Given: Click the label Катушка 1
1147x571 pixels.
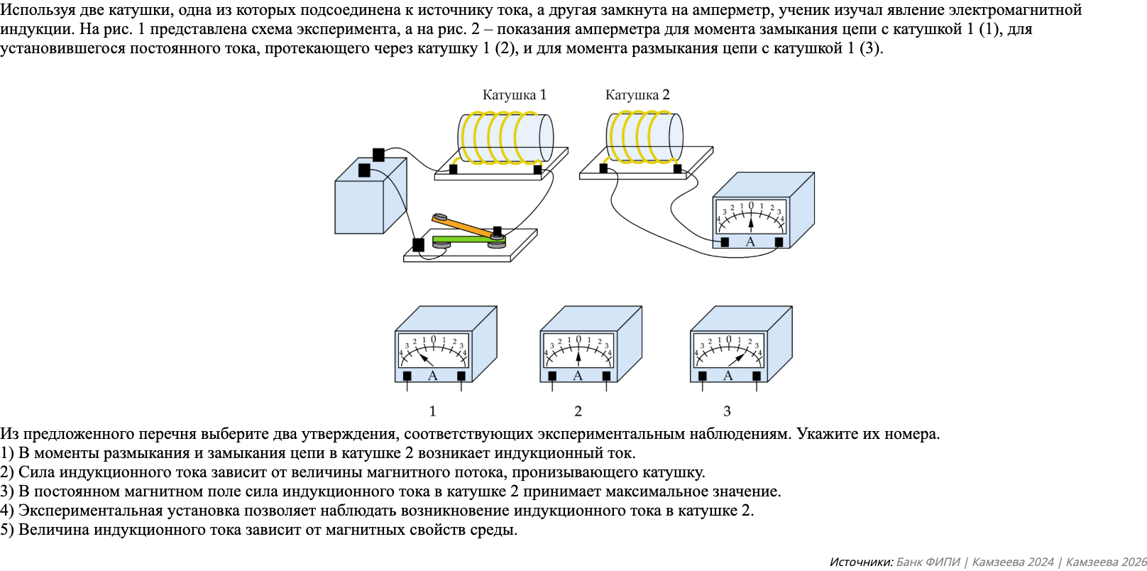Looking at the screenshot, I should click(514, 94).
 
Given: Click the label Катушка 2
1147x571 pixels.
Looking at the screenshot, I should click(637, 94).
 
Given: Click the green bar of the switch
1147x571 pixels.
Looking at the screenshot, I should click(461, 239).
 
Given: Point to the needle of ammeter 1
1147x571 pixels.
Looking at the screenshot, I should click(425, 358).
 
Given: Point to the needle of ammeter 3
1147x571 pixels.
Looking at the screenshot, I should click(737, 358).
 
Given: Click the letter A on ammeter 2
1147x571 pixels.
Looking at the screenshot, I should click(578, 376).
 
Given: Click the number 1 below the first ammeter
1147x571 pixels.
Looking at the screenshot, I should click(432, 410).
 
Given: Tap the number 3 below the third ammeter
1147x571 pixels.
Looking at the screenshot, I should click(727, 410).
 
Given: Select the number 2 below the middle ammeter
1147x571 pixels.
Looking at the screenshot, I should click(578, 410).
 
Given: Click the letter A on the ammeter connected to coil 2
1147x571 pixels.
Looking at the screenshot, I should click(750, 241).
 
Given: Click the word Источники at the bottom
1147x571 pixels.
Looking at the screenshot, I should click(860, 562).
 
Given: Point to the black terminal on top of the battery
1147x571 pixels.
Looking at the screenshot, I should click(378, 154).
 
